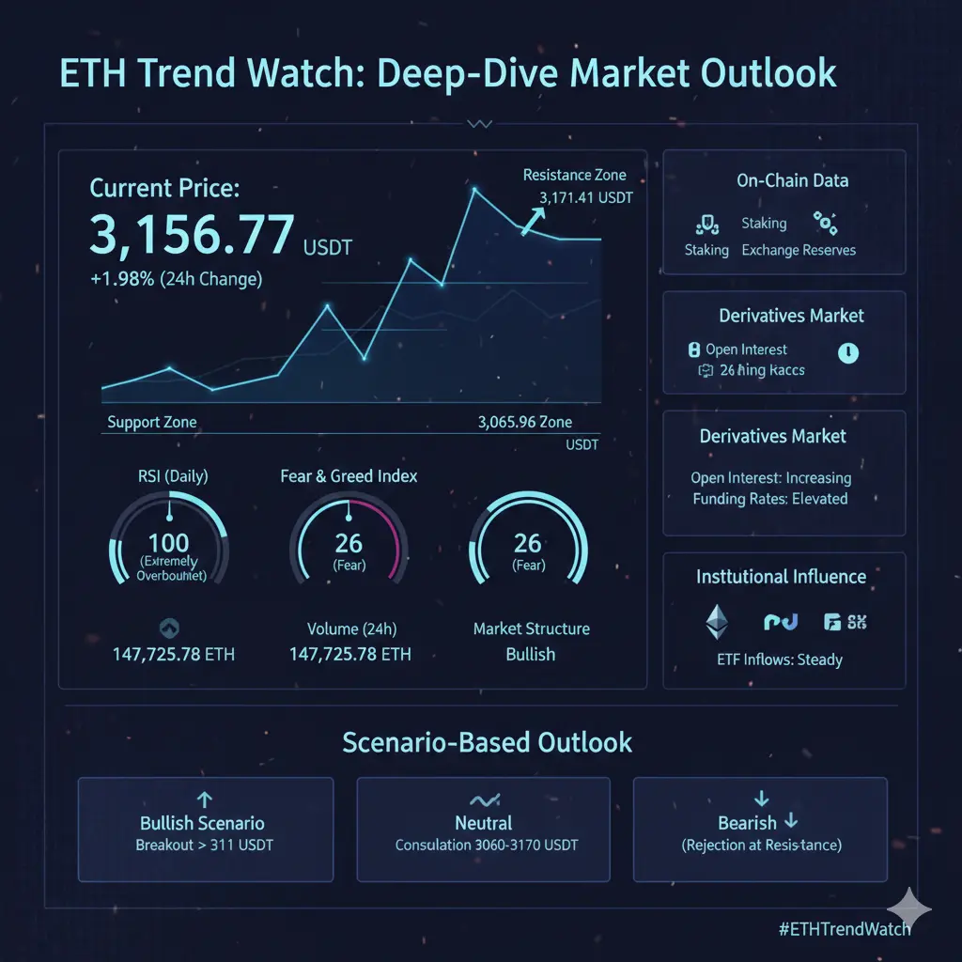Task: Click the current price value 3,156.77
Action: (x=192, y=234)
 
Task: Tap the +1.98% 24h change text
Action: (x=176, y=279)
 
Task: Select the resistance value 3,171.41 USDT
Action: (x=586, y=198)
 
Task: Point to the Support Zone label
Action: (x=152, y=422)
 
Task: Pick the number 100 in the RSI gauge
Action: (x=169, y=542)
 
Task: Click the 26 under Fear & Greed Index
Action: (x=349, y=542)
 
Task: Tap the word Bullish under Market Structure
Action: (x=530, y=654)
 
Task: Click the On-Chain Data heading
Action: (x=792, y=180)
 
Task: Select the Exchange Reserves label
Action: (x=799, y=250)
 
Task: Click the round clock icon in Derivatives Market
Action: (x=847, y=352)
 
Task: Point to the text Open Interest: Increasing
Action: (x=770, y=477)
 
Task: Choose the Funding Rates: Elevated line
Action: (x=770, y=499)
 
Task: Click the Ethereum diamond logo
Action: (x=718, y=621)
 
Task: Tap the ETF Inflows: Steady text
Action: (x=779, y=659)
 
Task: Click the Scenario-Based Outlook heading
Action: (x=487, y=742)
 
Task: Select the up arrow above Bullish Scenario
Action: (x=206, y=799)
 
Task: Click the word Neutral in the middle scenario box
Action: (x=484, y=823)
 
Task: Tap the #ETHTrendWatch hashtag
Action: (x=845, y=928)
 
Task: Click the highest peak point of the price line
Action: (x=474, y=190)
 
